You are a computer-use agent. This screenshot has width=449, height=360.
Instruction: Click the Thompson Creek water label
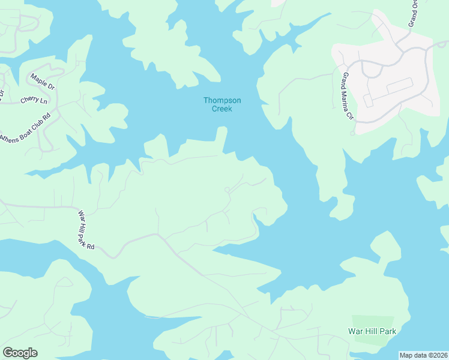(x=221, y=104)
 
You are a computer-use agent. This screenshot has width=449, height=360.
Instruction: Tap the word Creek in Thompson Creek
(x=221, y=109)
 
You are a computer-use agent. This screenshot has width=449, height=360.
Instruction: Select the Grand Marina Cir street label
(x=347, y=96)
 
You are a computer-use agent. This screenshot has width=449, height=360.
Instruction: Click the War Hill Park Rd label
(x=86, y=229)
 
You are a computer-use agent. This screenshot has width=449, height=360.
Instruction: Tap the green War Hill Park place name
(x=372, y=331)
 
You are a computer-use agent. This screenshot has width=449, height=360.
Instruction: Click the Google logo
(x=20, y=353)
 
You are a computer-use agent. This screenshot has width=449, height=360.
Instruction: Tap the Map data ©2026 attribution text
(x=423, y=355)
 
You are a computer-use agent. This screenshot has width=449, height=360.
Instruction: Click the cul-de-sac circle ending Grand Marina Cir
(x=352, y=133)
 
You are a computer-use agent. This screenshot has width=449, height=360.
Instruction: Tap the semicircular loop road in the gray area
(x=372, y=69)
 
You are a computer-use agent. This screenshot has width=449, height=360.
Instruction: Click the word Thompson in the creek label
(x=221, y=100)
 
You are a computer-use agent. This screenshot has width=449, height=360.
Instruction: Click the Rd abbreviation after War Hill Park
(x=92, y=246)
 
